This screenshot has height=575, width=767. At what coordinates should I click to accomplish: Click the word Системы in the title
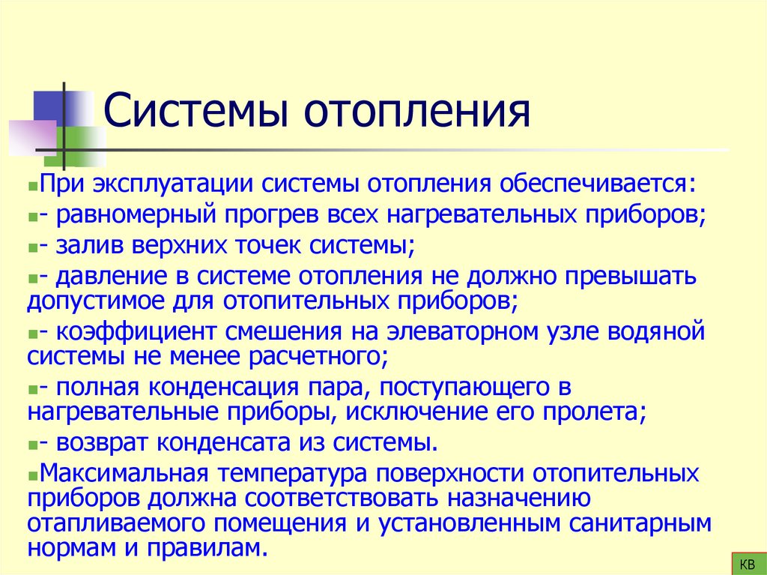(x=195, y=112)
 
